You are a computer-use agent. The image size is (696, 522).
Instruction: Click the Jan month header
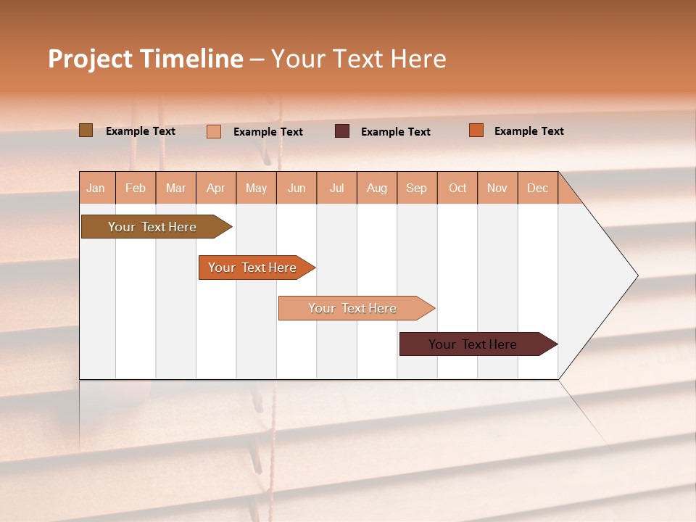[x=96, y=188]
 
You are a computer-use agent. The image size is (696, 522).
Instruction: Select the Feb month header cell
[x=136, y=188]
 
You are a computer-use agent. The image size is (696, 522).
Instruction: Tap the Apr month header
[x=216, y=188]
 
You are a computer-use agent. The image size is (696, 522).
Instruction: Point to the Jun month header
[x=297, y=188]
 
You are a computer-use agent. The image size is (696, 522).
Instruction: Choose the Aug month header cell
[x=377, y=188]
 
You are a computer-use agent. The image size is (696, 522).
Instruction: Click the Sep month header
[x=417, y=188]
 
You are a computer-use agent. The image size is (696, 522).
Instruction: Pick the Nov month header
[x=497, y=188]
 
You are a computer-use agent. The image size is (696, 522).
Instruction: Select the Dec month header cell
[x=538, y=188]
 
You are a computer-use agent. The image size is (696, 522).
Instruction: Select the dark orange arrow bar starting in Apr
[x=254, y=268]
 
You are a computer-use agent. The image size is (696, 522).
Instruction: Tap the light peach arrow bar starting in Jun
[x=354, y=308]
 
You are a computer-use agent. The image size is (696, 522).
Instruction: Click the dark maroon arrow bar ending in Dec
[x=475, y=344]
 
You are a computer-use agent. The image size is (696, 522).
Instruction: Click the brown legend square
[x=86, y=130]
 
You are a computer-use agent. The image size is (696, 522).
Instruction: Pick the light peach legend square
[x=214, y=131]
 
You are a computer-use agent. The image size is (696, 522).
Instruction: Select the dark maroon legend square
[x=342, y=131]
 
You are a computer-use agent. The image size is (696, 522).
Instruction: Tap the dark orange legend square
[x=476, y=130]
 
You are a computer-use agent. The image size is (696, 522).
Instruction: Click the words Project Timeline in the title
[x=146, y=59]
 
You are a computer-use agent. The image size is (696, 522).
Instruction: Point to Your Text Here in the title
[x=359, y=59]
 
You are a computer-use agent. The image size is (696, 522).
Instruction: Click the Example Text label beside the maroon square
[x=396, y=132]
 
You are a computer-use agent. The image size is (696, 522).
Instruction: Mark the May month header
[x=256, y=188]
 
